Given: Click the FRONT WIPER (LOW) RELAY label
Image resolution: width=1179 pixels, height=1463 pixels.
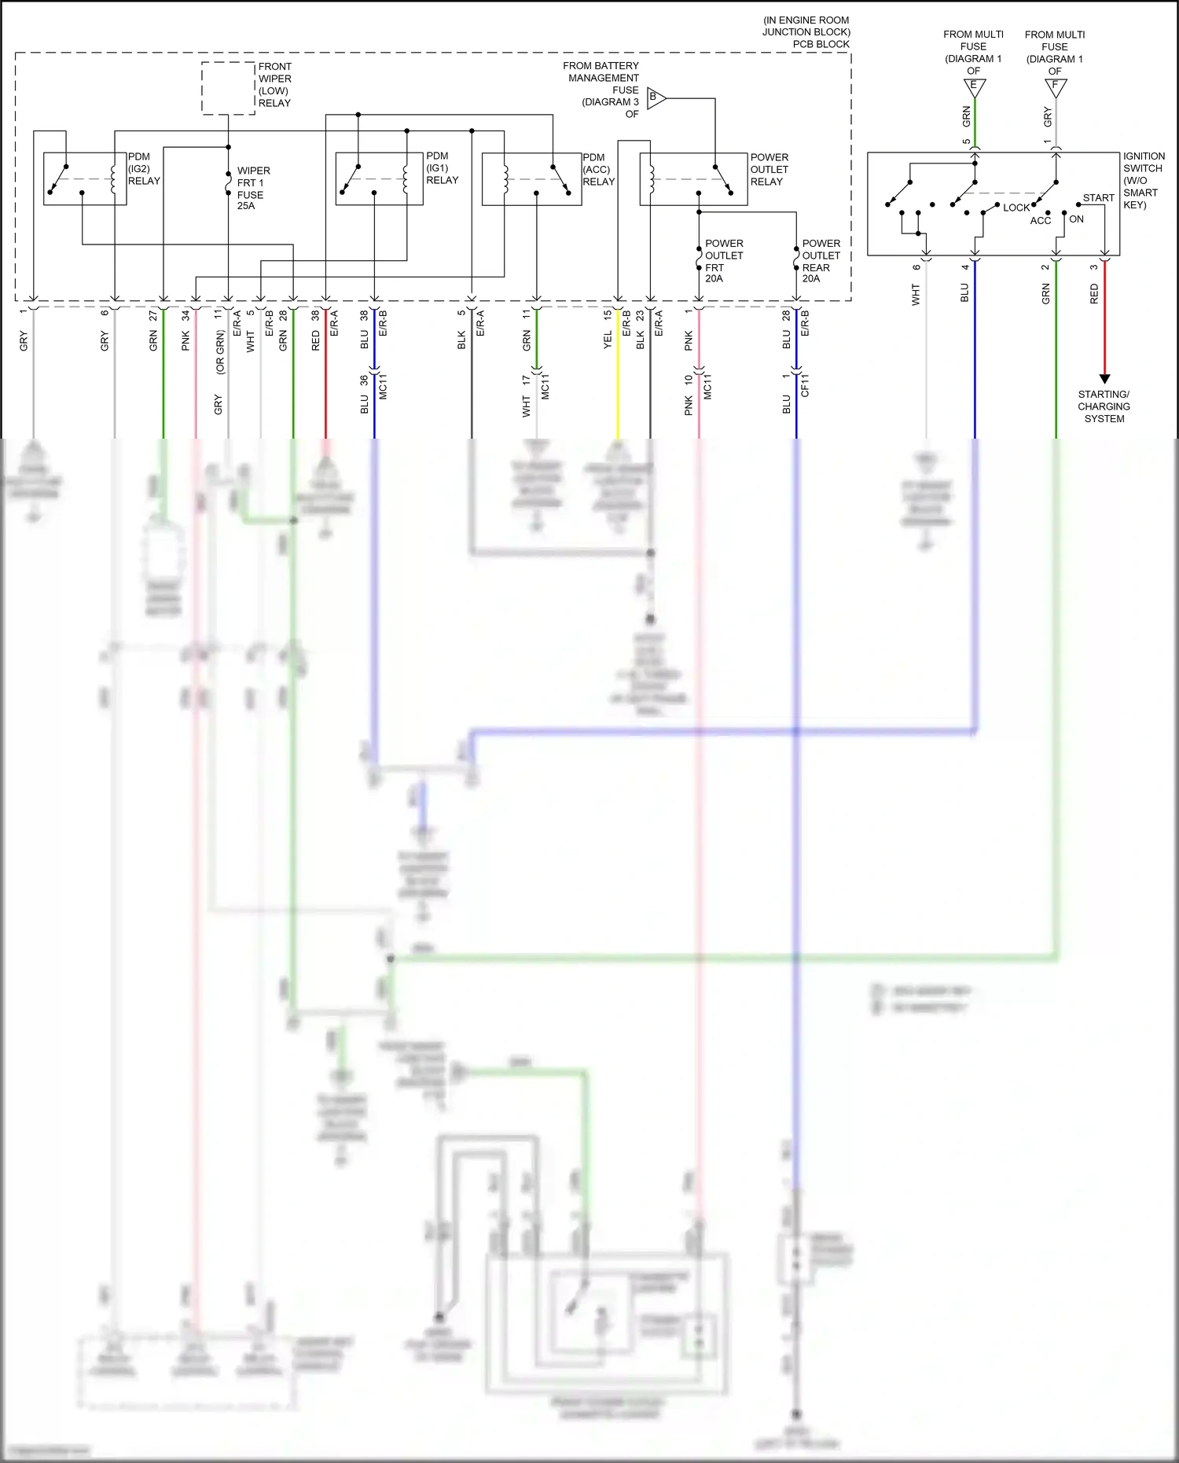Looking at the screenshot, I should (274, 85).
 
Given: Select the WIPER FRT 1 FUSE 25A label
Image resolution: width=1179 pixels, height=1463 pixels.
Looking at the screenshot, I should (252, 188).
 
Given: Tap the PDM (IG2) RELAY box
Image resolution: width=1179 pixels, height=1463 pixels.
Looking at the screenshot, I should (85, 178).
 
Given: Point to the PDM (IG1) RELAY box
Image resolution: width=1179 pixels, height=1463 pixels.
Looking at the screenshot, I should (379, 178).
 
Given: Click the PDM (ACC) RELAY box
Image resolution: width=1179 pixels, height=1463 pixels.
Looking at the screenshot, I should (531, 179).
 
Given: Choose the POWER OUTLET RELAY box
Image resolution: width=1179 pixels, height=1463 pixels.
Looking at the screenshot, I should (693, 179).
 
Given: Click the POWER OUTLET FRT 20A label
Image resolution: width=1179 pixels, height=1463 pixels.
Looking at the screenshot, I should (723, 261).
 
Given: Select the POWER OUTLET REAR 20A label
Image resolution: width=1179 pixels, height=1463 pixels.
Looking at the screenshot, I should (821, 261).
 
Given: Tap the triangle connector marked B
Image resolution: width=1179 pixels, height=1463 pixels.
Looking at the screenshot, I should (656, 98).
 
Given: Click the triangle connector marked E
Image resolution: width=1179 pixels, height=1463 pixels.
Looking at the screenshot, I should (974, 86).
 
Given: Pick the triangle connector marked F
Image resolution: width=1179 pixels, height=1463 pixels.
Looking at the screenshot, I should (1056, 86).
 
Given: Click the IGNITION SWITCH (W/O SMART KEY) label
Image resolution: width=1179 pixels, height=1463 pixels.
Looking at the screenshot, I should (1143, 180).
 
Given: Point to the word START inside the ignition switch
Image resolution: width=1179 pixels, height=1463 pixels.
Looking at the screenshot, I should (1098, 198).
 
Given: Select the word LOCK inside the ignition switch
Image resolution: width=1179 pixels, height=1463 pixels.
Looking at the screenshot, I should (1016, 208).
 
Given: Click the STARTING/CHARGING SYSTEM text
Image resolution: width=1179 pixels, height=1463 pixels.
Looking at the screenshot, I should (1104, 406).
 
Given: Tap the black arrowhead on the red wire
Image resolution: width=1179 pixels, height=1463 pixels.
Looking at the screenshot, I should (1104, 379).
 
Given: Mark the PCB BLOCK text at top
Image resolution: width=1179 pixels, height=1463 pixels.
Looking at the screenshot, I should (821, 44).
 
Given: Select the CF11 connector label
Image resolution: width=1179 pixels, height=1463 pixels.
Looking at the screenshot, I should (805, 385).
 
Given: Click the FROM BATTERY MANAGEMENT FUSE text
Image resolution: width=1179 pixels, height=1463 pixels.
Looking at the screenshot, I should (603, 83).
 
